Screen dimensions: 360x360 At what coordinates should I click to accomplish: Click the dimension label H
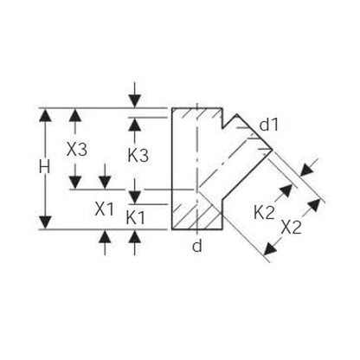click(44, 167)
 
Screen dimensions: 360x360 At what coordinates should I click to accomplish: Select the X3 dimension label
click(77, 150)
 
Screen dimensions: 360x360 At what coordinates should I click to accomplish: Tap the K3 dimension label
click(138, 156)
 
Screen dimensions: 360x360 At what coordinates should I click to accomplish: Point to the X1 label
click(105, 209)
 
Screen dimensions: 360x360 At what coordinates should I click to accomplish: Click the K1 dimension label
click(135, 218)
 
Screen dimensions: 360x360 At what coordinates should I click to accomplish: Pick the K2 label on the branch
click(264, 213)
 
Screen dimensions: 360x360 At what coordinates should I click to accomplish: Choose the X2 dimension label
click(292, 228)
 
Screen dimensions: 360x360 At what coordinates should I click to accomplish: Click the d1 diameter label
click(269, 125)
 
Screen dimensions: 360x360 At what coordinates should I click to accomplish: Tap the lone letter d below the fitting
click(197, 246)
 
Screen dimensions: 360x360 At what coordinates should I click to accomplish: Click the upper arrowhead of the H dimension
click(45, 115)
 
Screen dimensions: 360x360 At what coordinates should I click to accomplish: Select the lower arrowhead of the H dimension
click(45, 222)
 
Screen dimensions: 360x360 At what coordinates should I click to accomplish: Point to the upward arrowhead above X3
click(75, 115)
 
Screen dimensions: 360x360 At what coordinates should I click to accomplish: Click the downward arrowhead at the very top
click(135, 101)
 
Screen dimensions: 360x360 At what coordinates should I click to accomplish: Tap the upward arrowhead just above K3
click(135, 125)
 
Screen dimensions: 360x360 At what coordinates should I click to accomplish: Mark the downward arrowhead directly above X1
click(105, 183)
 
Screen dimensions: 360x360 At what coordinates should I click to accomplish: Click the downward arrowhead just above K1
click(135, 196)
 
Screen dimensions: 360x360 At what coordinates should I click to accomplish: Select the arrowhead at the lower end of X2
click(270, 248)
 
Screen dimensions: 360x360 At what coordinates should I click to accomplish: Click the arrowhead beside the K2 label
click(286, 191)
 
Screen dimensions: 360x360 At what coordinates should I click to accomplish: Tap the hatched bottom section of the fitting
click(197, 216)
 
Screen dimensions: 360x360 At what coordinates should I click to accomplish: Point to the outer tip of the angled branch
click(273, 150)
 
